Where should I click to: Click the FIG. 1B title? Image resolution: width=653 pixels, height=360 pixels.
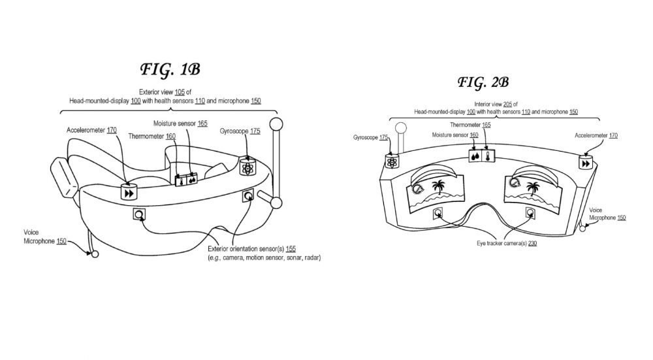point(170,70)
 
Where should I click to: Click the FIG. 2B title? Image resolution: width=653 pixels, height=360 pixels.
point(483,82)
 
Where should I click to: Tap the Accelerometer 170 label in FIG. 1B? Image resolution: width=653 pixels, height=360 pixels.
point(91,130)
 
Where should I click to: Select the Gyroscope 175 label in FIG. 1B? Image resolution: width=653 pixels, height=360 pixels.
point(240,131)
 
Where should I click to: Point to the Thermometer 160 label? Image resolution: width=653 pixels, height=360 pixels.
point(152,137)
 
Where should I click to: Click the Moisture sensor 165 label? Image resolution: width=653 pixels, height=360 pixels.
point(180,123)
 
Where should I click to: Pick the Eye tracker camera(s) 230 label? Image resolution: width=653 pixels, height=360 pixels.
point(507,243)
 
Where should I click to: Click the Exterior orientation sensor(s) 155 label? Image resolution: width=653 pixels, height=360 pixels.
point(251,249)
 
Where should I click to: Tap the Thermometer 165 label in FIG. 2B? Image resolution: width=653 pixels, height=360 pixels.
point(470,125)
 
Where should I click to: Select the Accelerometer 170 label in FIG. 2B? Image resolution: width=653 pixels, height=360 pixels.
point(596,135)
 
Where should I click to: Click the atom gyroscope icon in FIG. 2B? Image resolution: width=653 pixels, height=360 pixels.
point(392,162)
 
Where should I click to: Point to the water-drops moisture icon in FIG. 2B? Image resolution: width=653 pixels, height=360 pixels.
point(475,157)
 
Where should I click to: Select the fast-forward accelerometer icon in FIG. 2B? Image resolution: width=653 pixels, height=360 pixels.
point(586,163)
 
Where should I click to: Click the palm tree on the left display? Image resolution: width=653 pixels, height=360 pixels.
point(438,187)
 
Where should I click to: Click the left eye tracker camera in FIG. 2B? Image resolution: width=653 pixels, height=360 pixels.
point(438,214)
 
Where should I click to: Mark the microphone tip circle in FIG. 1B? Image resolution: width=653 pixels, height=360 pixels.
point(95,254)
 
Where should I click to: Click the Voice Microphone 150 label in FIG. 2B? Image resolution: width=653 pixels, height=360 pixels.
point(607,214)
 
